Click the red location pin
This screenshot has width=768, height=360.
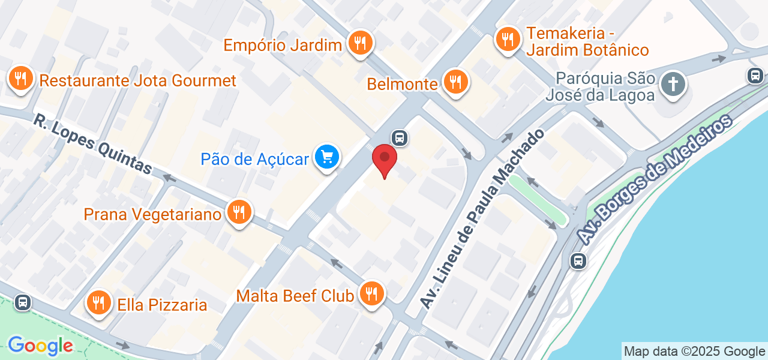[385, 160]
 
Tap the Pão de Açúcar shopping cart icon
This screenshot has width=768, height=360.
[327, 158]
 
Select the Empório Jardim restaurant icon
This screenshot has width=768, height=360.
[360, 43]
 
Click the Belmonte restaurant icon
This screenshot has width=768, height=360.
[456, 83]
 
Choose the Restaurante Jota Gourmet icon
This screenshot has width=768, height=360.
[21, 79]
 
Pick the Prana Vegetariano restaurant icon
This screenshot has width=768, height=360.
[239, 212]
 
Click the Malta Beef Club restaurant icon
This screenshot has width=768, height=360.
[372, 294]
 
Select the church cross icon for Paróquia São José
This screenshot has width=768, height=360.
[673, 84]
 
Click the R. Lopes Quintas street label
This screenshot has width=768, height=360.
[92, 145]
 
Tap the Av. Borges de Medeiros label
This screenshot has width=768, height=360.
[656, 179]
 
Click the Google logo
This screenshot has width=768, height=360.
[40, 346]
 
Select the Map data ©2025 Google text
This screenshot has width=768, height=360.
[694, 352]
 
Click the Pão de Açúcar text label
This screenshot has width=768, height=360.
[255, 159]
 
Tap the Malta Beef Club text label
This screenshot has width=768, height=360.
[295, 296]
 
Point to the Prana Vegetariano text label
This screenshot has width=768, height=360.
[153, 214]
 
